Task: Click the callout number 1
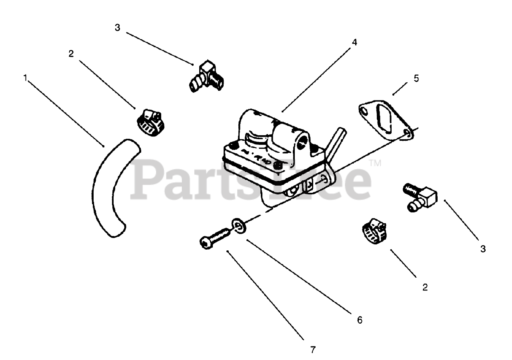coord(26,78)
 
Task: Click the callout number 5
coord(416,78)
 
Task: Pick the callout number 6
coord(359,320)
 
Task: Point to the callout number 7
coord(313,350)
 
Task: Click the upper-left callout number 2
coord(71,54)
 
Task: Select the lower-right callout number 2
coord(425,287)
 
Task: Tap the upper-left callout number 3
coord(117,28)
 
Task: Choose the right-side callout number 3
coord(483,249)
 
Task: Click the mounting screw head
coord(204,242)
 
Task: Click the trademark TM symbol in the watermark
coord(375,163)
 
